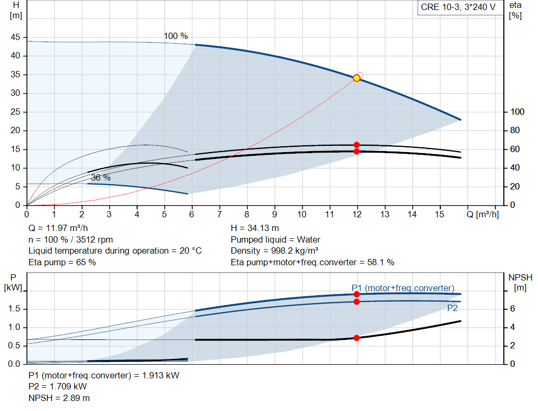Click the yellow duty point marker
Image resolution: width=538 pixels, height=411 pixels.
tap(357, 78)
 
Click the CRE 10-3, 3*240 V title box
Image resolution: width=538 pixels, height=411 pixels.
tap(458, 7)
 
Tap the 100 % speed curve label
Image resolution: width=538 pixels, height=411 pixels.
tap(175, 36)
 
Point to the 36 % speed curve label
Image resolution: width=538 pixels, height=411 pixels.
tap(100, 178)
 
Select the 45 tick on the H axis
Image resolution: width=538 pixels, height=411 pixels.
tap(15, 37)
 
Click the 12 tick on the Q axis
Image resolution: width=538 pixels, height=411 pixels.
tap(357, 214)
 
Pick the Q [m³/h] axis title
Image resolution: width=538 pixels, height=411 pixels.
tap(483, 214)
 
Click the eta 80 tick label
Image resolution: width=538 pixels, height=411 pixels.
tap(515, 130)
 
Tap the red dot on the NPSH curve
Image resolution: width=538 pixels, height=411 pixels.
tap(357, 338)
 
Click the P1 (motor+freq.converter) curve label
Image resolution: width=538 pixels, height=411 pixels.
tap(403, 288)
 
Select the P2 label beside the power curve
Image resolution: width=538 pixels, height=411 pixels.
tap(452, 308)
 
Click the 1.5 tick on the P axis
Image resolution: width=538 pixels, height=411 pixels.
tap(14, 308)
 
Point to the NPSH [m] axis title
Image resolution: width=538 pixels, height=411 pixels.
tap(520, 283)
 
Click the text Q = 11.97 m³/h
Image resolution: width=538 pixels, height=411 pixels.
tap(58, 228)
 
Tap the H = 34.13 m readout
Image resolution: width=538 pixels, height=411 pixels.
tap(255, 228)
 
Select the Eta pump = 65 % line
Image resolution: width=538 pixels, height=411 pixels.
tap(62, 263)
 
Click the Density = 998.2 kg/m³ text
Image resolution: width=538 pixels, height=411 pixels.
tap(274, 251)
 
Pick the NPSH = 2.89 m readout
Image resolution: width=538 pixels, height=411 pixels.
tap(59, 398)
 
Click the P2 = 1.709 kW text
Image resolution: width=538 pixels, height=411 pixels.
tap(58, 387)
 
